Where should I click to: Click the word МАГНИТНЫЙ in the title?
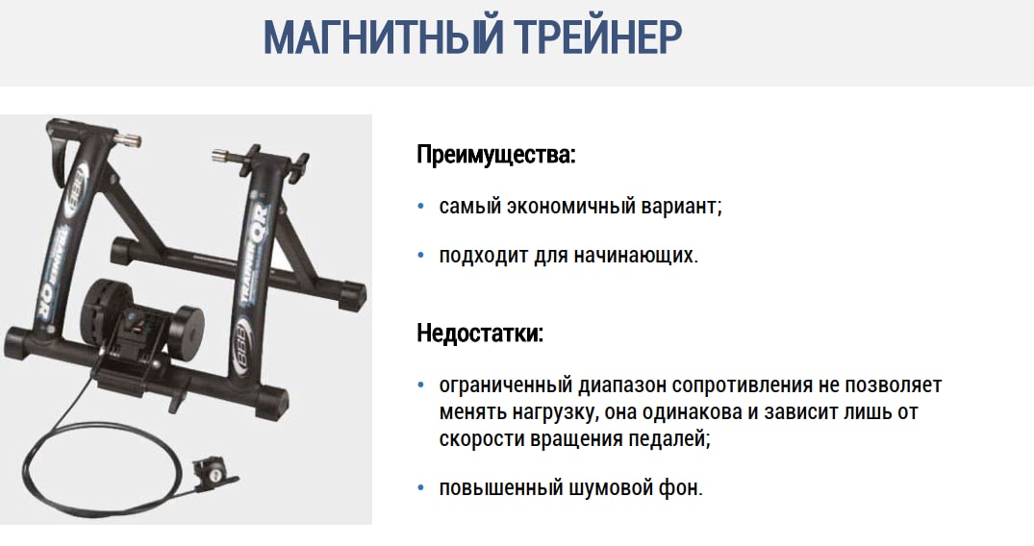384,37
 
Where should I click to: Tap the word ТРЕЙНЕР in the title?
598,37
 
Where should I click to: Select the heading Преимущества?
496,155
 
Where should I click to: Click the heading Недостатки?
480,333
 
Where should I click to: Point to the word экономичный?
563,207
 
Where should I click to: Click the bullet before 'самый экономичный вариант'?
421,207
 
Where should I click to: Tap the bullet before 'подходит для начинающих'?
421,255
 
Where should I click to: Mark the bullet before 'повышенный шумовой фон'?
421,488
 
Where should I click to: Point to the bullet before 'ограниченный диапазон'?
421,385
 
